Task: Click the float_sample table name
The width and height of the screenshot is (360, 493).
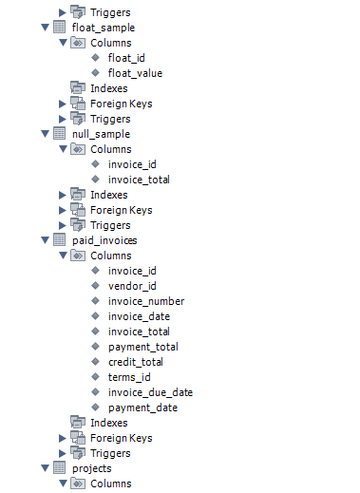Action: point(103,28)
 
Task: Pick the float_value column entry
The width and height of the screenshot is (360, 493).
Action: point(135,73)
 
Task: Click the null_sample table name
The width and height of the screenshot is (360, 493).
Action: point(101,134)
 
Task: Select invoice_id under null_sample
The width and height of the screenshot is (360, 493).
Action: point(132,164)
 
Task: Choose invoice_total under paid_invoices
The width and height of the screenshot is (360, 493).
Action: point(139,332)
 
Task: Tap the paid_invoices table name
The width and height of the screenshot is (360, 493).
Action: point(104,240)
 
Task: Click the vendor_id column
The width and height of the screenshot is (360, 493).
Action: point(132,286)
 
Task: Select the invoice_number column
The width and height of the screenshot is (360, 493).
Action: point(146,301)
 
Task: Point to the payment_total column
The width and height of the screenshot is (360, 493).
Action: point(142,347)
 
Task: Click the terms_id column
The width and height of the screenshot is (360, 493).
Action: point(130,377)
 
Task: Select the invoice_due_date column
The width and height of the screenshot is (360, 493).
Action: point(150,392)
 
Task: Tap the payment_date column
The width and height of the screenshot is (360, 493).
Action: point(142,408)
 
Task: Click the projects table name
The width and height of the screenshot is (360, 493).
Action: point(91,468)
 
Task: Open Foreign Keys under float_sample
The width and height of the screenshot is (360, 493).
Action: point(121,104)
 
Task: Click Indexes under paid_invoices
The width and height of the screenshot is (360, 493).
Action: point(108,423)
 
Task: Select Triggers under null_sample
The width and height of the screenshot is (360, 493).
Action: point(110,225)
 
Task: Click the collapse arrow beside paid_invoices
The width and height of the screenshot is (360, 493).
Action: point(46,240)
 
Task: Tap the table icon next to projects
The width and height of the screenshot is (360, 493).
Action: point(60,468)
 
